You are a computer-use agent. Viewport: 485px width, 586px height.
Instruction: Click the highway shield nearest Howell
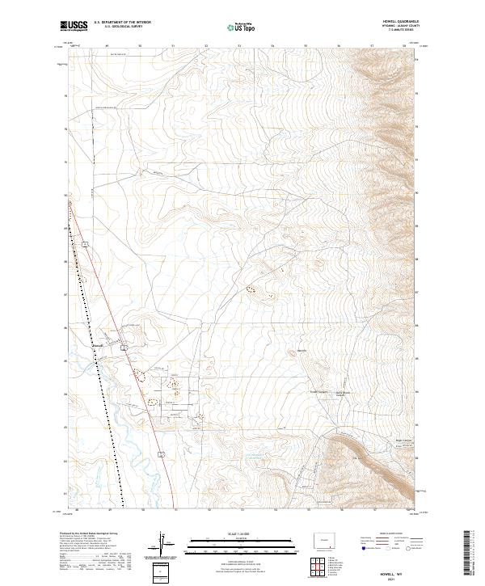pos(124,347)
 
